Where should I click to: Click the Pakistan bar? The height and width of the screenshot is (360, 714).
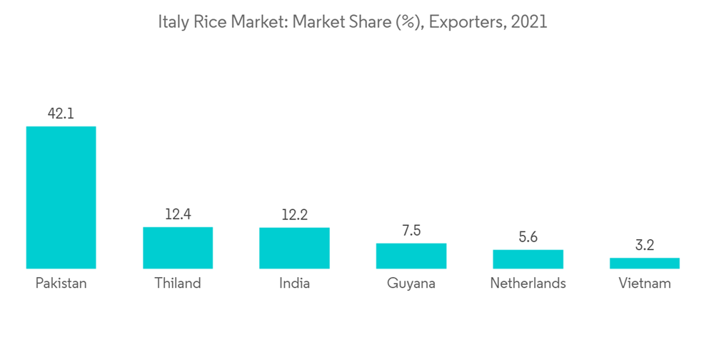pos(61,197)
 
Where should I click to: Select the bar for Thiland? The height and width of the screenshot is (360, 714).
pos(178,247)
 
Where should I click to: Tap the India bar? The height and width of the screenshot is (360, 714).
pos(294,248)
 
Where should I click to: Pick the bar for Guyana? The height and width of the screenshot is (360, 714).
pos(411,256)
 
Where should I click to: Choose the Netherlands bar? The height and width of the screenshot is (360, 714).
pos(528,259)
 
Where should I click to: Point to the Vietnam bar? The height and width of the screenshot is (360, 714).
pos(644,263)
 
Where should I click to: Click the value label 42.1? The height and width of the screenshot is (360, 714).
pos(61,113)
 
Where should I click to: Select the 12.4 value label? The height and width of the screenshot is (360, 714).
pos(178,214)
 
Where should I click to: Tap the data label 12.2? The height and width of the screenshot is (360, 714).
pos(294,214)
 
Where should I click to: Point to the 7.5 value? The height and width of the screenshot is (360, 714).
pos(411,230)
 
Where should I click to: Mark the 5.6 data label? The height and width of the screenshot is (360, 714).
pos(528,236)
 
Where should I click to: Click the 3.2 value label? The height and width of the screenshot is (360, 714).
pos(644,245)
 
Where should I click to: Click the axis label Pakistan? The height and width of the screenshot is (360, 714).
pos(61,284)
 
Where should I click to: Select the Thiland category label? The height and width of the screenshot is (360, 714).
pos(178,284)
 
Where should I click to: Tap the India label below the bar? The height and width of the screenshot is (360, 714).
pos(294,284)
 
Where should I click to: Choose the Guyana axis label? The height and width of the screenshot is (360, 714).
pos(411,284)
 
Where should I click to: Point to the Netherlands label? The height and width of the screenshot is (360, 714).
pos(528,284)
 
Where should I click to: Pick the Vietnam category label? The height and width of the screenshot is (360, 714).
pos(644,284)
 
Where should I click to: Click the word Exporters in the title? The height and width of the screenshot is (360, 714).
pos(468,22)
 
